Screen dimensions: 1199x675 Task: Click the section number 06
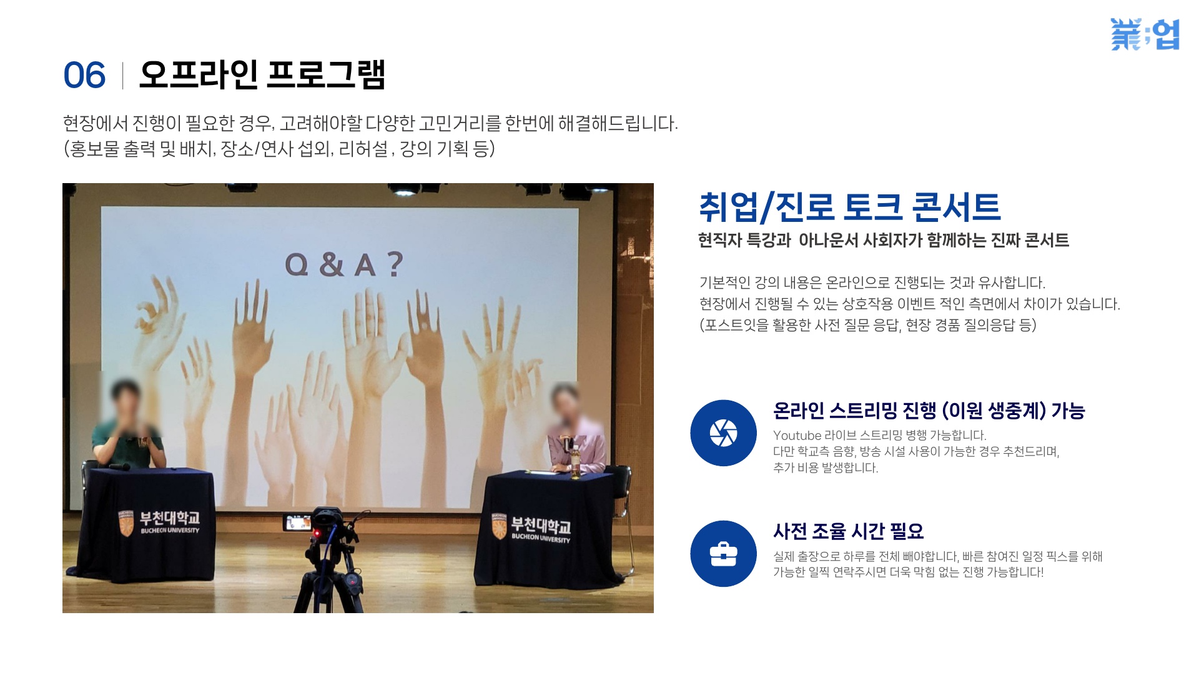pyautogui.click(x=84, y=76)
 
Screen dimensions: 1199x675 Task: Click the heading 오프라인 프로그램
pyautogui.click(x=262, y=75)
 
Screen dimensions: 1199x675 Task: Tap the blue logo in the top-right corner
pyautogui.click(x=1145, y=34)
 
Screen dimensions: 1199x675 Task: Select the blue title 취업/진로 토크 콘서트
pyautogui.click(x=849, y=207)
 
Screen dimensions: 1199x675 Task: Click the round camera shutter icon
pyautogui.click(x=723, y=433)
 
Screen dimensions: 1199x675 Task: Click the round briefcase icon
pyautogui.click(x=723, y=554)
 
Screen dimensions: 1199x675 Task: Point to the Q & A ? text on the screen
pyautogui.click(x=344, y=264)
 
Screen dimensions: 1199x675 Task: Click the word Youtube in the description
pyautogui.click(x=797, y=436)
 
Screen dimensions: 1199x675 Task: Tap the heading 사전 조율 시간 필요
pyautogui.click(x=848, y=531)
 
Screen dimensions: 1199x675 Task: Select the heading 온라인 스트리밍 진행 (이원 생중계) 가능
pyautogui.click(x=929, y=411)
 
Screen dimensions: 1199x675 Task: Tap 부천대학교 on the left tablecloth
pyautogui.click(x=169, y=518)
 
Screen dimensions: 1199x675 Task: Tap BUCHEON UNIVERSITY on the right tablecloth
pyautogui.click(x=541, y=537)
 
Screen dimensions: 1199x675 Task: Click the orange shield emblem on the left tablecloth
pyautogui.click(x=127, y=523)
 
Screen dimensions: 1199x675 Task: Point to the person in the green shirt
pyautogui.click(x=128, y=425)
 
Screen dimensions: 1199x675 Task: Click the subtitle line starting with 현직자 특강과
pyautogui.click(x=884, y=241)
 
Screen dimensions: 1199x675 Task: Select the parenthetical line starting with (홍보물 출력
pyautogui.click(x=279, y=149)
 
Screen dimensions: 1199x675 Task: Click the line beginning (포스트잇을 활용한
pyautogui.click(x=868, y=325)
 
